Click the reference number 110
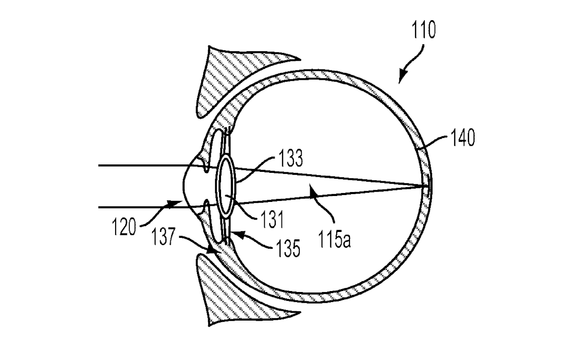424,30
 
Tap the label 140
463,138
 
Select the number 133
290,158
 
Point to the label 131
272,220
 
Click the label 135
288,248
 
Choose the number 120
124,227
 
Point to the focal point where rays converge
426,187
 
